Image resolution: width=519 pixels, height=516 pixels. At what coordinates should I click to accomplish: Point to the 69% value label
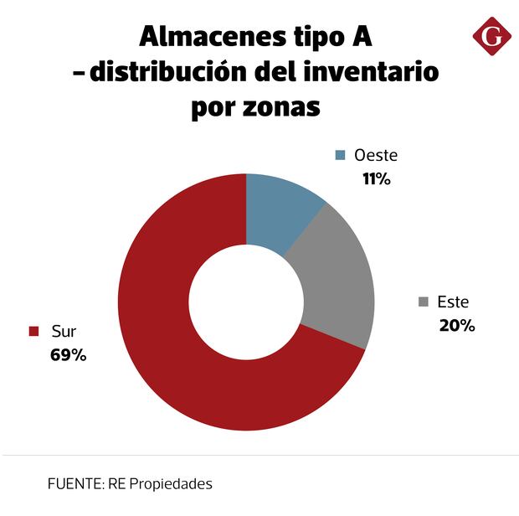click(x=68, y=354)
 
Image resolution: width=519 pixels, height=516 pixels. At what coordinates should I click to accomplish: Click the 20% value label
click(x=456, y=325)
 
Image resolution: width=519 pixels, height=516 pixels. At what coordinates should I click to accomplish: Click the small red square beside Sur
click(x=34, y=331)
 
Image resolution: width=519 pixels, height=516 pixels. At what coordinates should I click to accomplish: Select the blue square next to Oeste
click(x=340, y=155)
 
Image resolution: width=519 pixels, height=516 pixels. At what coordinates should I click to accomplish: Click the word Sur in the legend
click(x=64, y=331)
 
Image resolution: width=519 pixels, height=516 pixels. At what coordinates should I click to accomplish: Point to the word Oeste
click(x=376, y=155)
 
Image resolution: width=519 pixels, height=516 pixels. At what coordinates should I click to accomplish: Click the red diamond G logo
click(x=491, y=37)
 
